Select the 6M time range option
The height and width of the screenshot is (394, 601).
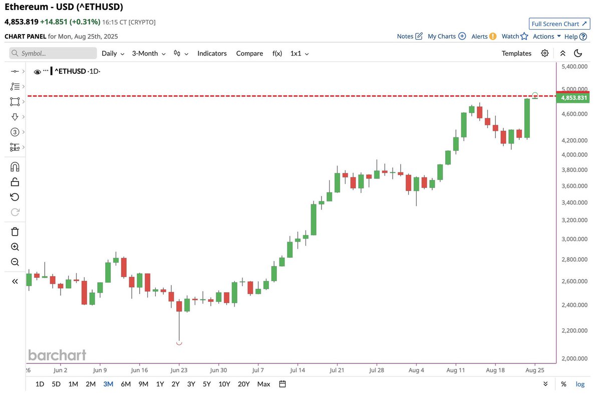pos(126,384)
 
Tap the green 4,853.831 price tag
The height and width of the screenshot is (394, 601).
pos(573,98)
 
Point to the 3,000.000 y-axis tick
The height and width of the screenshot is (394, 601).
pos(574,239)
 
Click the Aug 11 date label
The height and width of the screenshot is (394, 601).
pos(456,370)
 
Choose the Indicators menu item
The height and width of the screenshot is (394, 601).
pos(212,53)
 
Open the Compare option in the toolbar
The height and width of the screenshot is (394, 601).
pos(249,53)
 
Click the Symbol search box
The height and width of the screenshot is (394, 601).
pos(53,53)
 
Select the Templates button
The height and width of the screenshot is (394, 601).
pos(516,53)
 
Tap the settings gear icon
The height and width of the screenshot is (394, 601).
pos(545,53)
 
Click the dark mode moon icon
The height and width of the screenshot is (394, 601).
pos(578,53)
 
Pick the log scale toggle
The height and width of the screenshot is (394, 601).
pos(580,384)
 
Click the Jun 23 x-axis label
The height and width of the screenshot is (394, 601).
pos(179,370)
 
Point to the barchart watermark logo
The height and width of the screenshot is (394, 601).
pos(57,355)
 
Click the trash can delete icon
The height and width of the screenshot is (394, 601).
pos(15,232)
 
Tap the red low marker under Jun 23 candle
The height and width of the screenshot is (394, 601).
pos(179,343)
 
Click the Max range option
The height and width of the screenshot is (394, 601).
pos(263,384)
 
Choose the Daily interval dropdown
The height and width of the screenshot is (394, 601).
pos(113,53)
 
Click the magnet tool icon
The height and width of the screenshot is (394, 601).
pos(15,167)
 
